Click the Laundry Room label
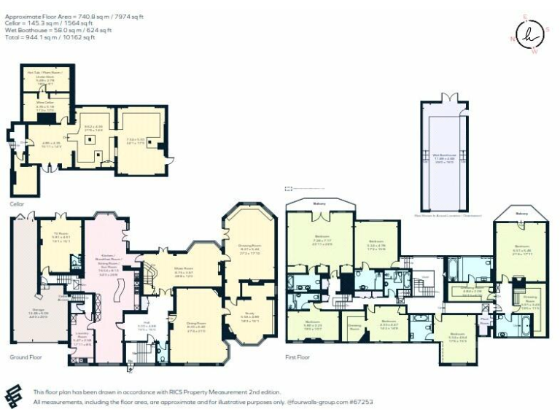coord(81,340)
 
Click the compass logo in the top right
coord(529,34)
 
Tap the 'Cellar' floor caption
coord(17,204)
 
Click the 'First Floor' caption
coord(297,358)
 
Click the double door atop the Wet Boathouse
coord(450,97)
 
